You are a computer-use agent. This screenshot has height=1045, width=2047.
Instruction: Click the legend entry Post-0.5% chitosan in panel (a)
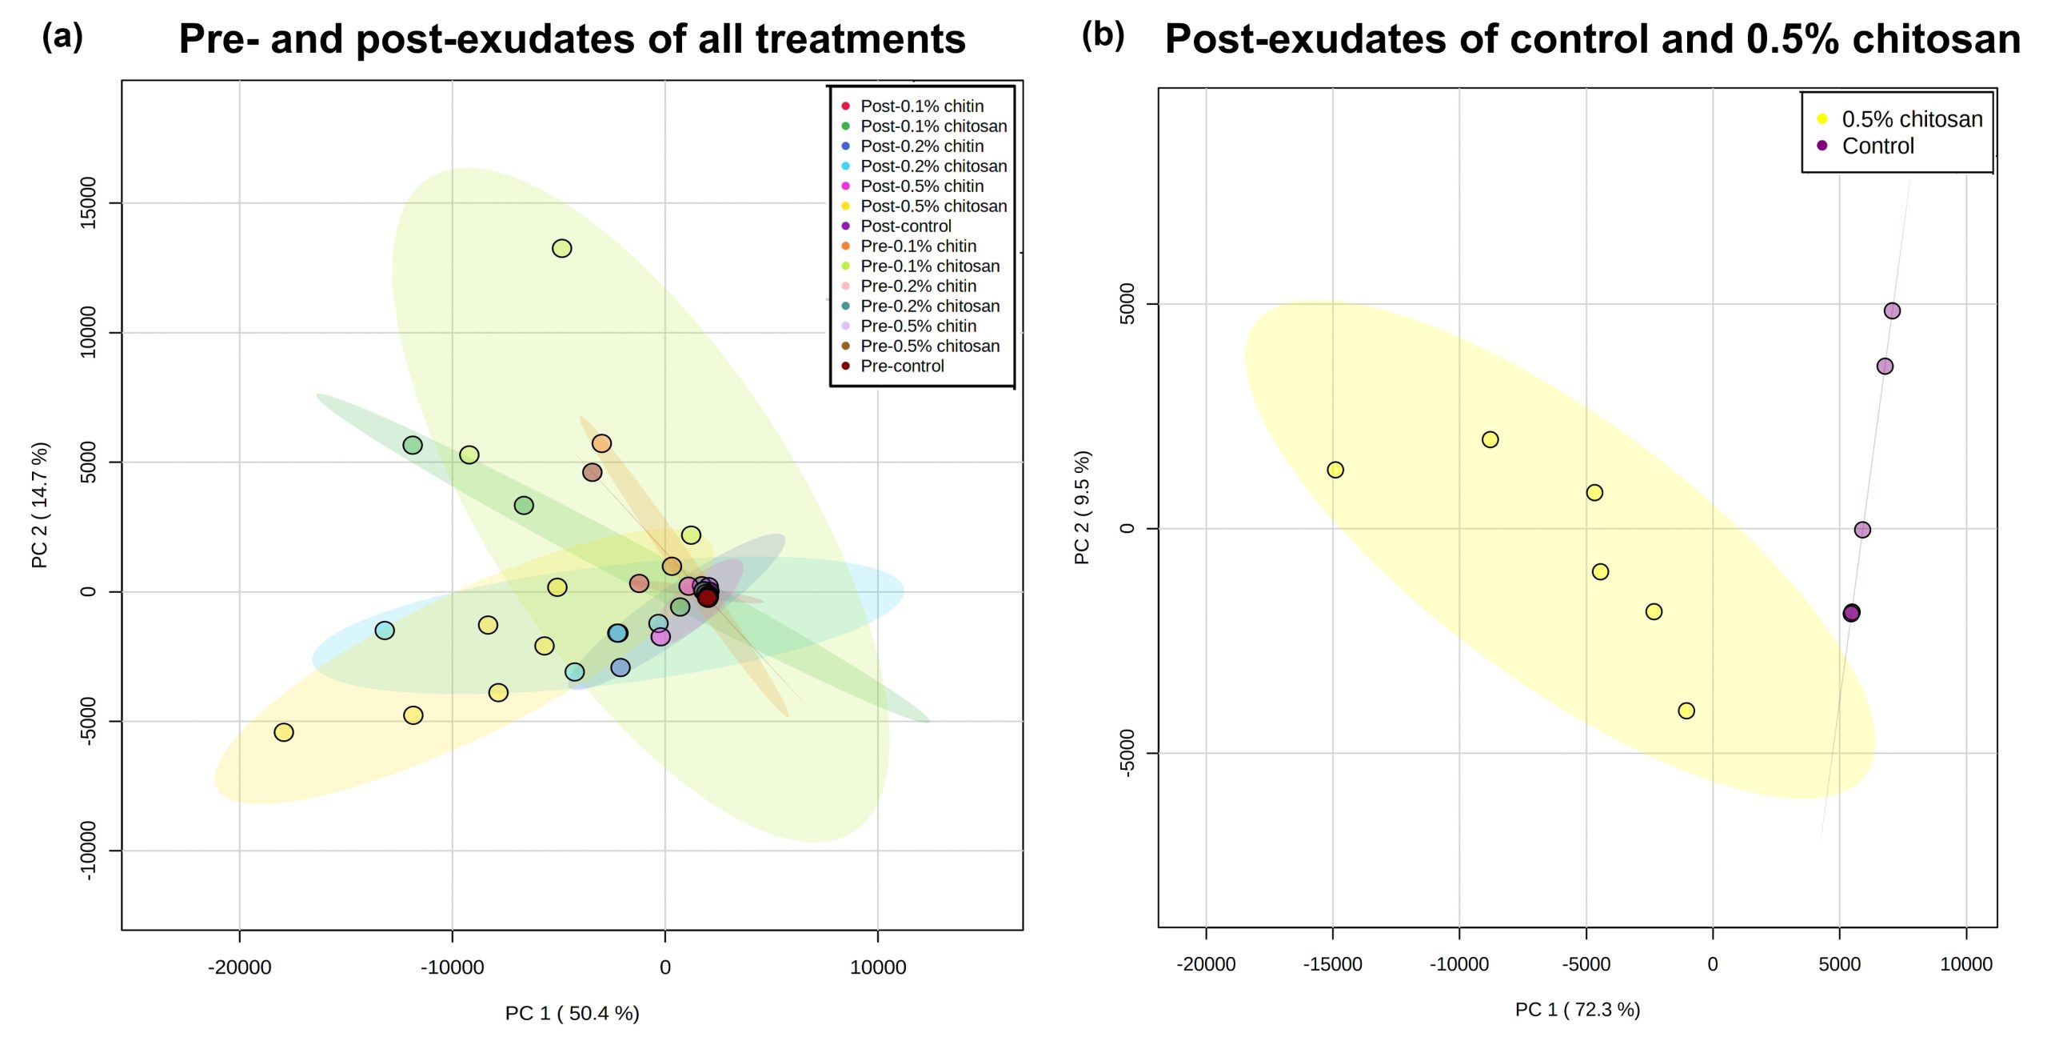(x=933, y=206)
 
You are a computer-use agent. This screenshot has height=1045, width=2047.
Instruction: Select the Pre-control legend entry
(x=901, y=366)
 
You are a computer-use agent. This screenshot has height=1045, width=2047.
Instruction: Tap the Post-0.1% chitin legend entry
(x=921, y=106)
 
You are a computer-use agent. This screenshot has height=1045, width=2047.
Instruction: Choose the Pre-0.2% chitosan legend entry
(x=929, y=306)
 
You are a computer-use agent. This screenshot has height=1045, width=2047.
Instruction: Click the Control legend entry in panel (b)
(x=1877, y=146)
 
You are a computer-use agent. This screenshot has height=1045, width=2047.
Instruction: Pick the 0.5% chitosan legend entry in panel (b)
(x=1911, y=119)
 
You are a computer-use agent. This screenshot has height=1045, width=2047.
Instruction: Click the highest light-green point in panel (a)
(x=562, y=249)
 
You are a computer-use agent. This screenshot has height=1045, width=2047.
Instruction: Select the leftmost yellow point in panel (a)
(x=284, y=732)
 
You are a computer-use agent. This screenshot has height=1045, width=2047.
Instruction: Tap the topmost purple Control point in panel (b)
(x=1892, y=310)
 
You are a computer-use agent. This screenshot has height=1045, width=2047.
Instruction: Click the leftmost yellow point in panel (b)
(x=1335, y=470)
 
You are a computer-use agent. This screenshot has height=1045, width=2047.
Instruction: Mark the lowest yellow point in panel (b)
(x=1686, y=711)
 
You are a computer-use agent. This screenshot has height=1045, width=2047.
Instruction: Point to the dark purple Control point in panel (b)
(x=1851, y=613)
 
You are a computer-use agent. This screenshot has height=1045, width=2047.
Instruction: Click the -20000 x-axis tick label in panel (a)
(x=240, y=967)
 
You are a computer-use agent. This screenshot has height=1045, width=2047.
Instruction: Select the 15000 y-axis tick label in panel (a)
(x=88, y=203)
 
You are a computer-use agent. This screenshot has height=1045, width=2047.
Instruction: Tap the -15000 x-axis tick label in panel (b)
(x=1332, y=964)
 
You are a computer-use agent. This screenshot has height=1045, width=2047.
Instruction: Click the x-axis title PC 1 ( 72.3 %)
(x=1577, y=1010)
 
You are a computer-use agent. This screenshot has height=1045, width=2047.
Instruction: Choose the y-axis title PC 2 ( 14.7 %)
(x=40, y=505)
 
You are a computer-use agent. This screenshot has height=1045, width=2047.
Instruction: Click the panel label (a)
(x=62, y=36)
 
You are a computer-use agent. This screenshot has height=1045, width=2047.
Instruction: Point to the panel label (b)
(x=1103, y=34)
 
